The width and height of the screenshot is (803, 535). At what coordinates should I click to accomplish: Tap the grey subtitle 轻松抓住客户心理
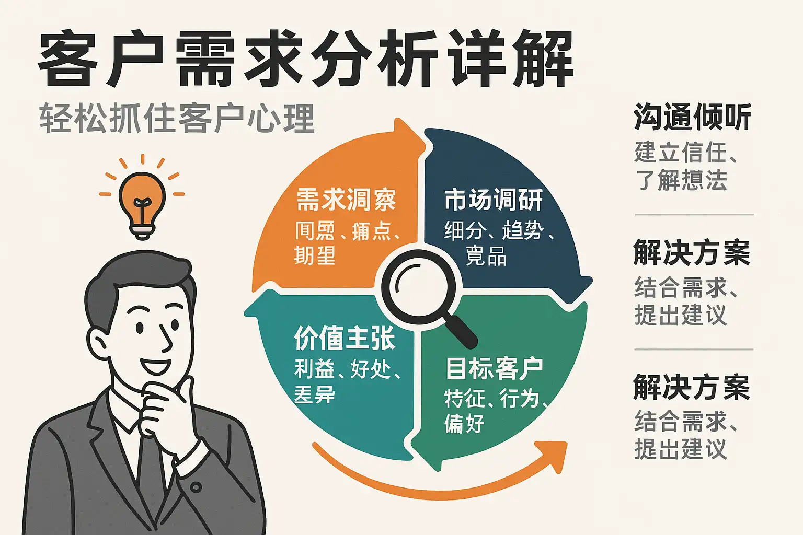coord(177,119)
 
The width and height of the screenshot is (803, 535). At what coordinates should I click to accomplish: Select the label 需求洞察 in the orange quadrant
coord(346,200)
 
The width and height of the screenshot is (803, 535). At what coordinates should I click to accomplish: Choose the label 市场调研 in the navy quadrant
coord(494,200)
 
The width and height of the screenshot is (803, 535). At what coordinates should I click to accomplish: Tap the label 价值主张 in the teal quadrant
coord(345,338)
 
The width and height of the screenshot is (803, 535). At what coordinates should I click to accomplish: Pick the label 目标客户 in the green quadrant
coord(494,368)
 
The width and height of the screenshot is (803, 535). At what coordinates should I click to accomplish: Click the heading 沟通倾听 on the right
coord(692,117)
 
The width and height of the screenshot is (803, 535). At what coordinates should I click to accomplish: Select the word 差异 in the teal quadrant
coord(315,394)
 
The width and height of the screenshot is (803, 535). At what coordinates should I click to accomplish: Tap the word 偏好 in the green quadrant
coord(464,423)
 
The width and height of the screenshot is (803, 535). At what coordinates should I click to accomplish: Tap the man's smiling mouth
coord(155,365)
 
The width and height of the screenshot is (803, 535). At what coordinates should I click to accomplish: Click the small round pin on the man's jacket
coord(196,487)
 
